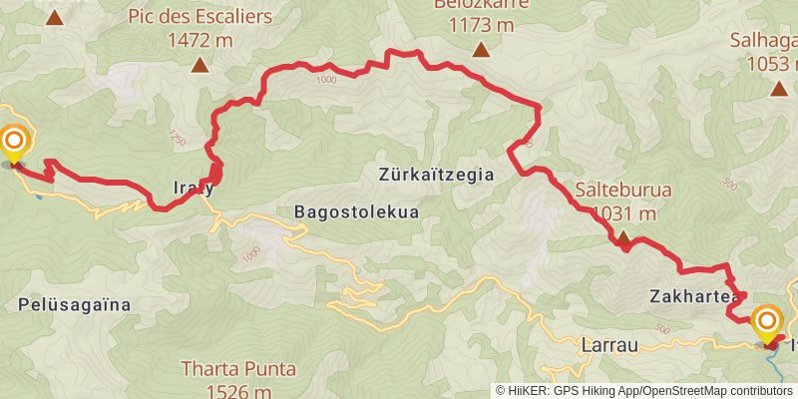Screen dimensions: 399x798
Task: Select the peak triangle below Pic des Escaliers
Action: (200, 66)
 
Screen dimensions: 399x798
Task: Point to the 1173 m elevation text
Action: (481, 25)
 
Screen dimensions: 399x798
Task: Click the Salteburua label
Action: (622, 190)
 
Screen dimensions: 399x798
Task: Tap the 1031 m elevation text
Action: (623, 212)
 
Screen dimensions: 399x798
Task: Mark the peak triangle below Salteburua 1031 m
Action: (622, 238)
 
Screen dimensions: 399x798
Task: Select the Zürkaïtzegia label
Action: (437, 174)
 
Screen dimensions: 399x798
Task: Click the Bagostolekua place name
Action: (356, 211)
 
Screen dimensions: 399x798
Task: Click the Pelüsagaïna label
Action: (75, 304)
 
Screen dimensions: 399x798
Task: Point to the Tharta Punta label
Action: (238, 368)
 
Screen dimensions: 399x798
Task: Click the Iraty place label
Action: (192, 187)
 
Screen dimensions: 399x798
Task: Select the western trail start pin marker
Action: (14, 143)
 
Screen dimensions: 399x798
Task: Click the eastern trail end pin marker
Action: (767, 321)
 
